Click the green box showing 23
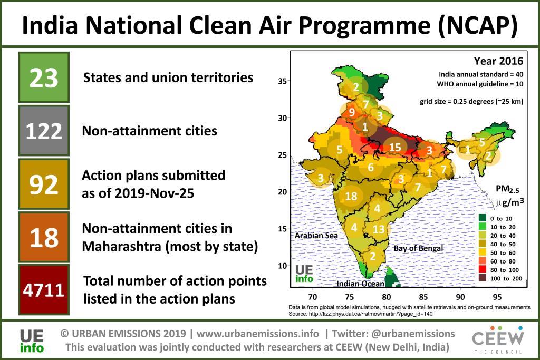coord(44,77)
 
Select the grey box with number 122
coord(44,131)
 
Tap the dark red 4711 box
coord(44,289)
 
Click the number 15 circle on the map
coord(395,148)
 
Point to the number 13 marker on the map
coord(378,229)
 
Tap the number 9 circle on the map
coord(351,112)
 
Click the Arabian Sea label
coord(316,236)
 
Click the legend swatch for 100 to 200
coord(483,278)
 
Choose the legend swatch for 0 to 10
coord(483,218)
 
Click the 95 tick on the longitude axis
coord(497,297)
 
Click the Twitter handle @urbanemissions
coord(413,334)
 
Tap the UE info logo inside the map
coord(305,273)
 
